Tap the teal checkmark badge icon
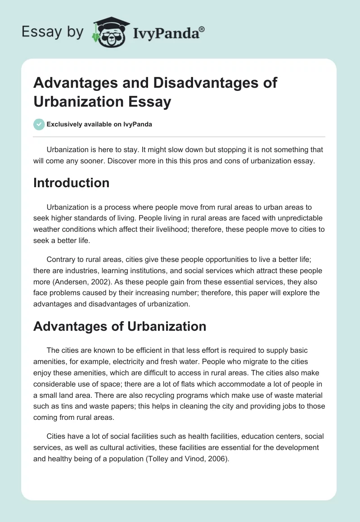39,124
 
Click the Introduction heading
71,183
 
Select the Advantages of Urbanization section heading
120,326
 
